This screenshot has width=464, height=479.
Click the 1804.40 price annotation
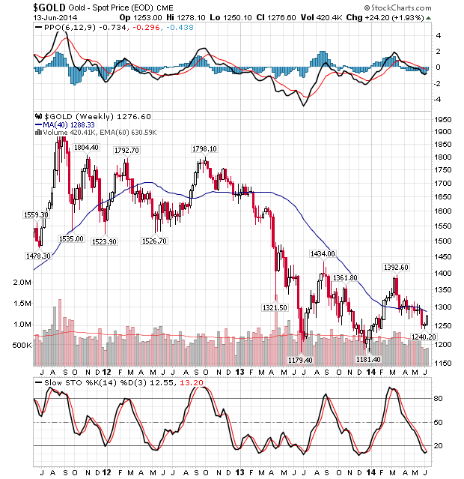click(x=86, y=148)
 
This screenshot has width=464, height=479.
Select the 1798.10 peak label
click(x=204, y=149)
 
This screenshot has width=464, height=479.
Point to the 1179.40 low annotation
click(x=301, y=360)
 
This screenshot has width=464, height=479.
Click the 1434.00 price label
click(x=323, y=254)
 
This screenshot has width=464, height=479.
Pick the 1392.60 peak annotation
click(x=396, y=267)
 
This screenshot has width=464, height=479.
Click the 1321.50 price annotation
click(x=275, y=307)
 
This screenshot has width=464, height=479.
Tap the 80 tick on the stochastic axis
click(x=439, y=399)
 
